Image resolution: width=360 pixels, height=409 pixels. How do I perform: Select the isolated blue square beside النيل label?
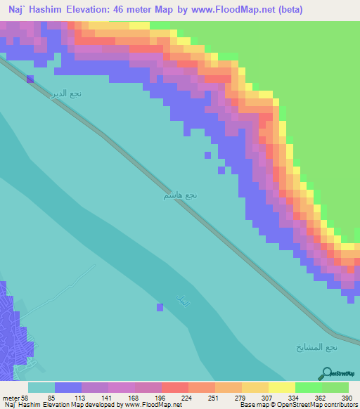[160, 306]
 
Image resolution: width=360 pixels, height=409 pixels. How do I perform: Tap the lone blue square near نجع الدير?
[30, 79]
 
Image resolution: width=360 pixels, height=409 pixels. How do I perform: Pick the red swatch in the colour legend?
[174, 387]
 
